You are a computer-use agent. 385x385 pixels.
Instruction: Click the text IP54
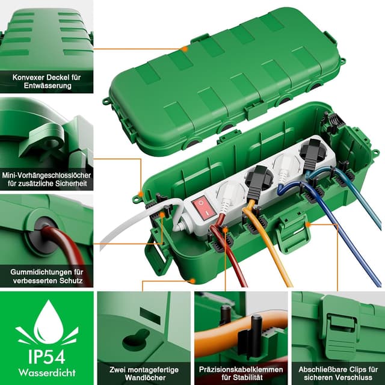click(47, 357)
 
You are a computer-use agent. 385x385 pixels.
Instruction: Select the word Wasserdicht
click(47, 372)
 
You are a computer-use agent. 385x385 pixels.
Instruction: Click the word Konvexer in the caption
click(28, 78)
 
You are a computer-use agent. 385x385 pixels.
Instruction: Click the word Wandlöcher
click(145, 377)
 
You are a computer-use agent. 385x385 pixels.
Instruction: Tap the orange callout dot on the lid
click(185, 49)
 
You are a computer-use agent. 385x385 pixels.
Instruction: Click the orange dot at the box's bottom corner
click(192, 281)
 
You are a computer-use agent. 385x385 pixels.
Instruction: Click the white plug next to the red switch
click(228, 197)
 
